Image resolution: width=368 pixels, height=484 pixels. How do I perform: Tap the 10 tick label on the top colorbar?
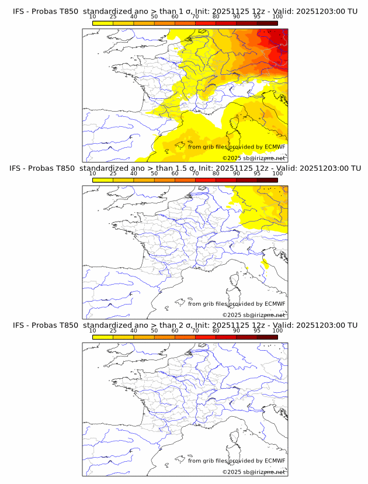coord(92,16)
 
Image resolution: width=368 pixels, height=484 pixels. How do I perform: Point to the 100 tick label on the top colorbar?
coord(277,16)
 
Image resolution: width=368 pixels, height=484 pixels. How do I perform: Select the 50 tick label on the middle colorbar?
coord(154,174)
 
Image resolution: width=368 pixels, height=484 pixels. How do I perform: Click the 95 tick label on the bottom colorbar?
coord(257,330)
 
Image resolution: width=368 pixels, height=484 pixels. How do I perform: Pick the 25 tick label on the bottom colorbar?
coord(113,330)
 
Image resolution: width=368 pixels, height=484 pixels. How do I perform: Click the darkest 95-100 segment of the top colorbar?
coord(267,23)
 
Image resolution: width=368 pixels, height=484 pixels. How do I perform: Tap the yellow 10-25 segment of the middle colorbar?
coord(103,180)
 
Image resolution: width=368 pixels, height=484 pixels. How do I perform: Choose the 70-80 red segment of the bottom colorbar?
coord(206,337)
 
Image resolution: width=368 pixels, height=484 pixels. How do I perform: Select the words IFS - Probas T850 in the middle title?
coord(45,168)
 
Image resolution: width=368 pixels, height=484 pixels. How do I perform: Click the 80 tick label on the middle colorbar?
coord(216,174)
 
